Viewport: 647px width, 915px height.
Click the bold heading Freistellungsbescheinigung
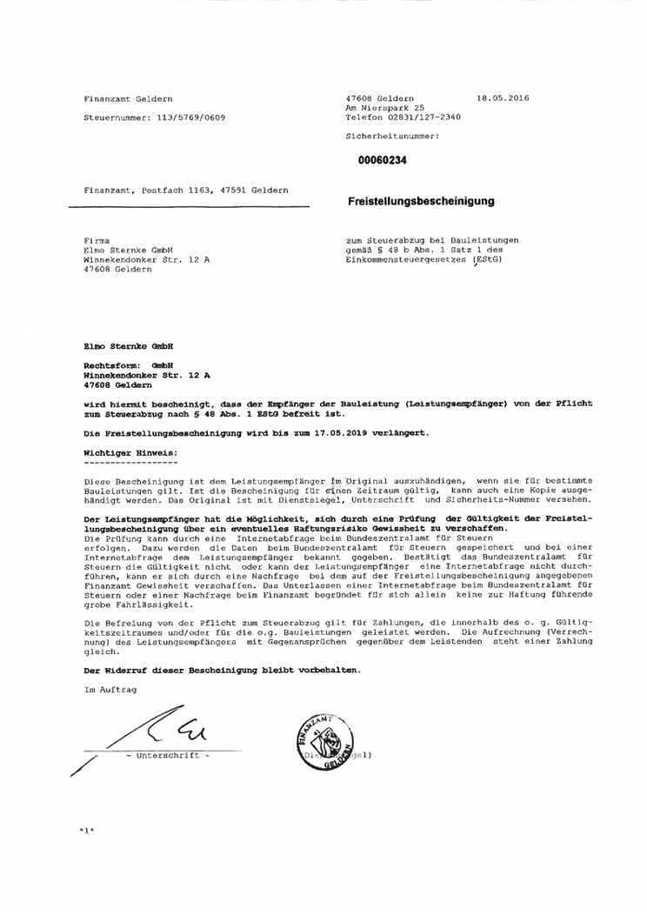[x=421, y=201]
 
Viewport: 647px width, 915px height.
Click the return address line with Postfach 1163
[x=186, y=189]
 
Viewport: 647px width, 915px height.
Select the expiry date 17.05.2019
[x=341, y=431]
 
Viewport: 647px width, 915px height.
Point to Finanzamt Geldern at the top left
[x=128, y=97]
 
